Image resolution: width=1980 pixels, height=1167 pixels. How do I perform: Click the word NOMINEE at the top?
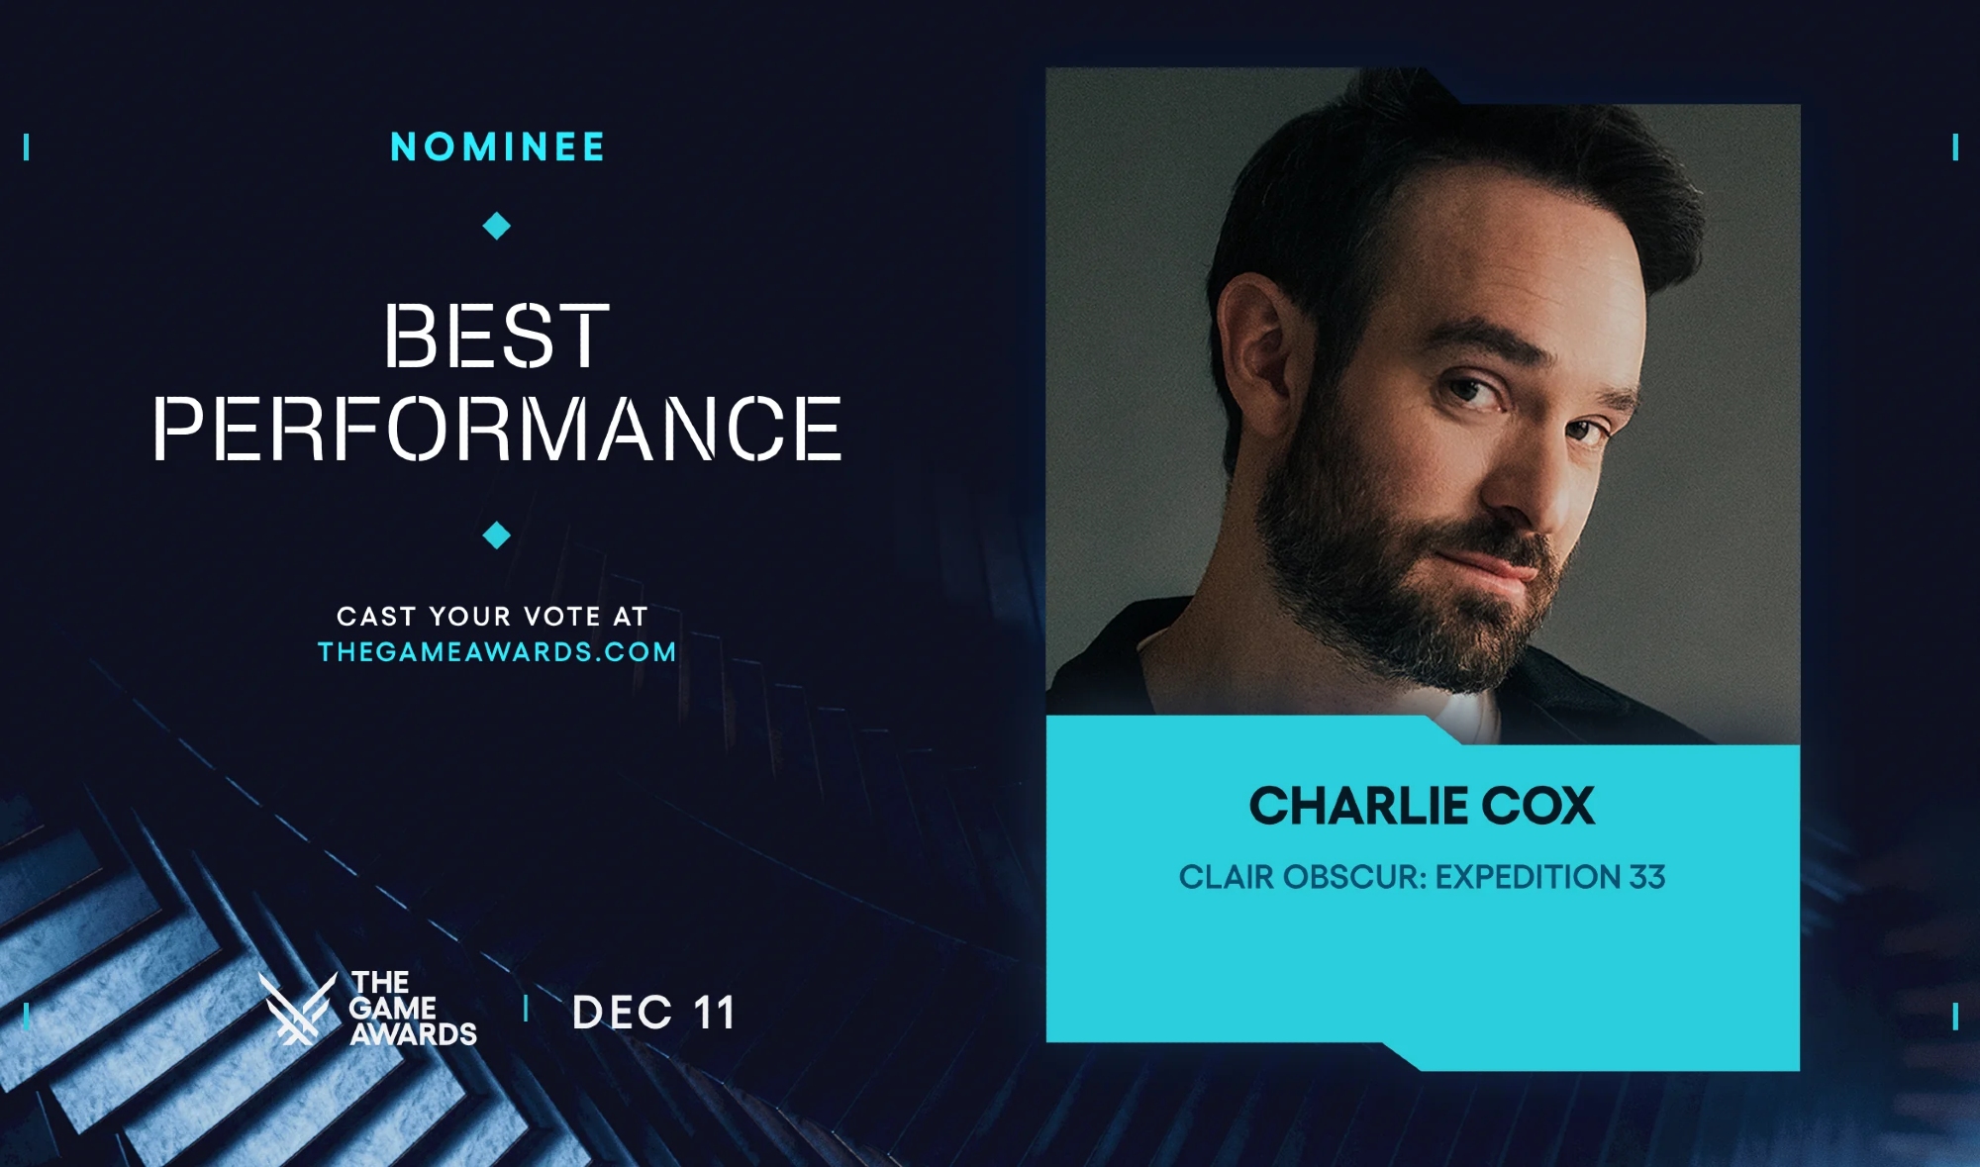pyautogui.click(x=497, y=147)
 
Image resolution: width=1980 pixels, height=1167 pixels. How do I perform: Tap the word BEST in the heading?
pyautogui.click(x=497, y=337)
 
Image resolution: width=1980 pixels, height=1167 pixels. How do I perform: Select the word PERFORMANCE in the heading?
pyautogui.click(x=497, y=428)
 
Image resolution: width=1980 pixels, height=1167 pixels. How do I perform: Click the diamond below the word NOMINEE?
pyautogui.click(x=496, y=227)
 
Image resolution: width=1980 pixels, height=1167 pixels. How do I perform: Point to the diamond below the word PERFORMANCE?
pyautogui.click(x=496, y=535)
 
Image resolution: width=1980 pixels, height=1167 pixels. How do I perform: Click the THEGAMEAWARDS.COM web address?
pyautogui.click(x=497, y=652)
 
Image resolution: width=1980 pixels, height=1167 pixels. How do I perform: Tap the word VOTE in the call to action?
pyautogui.click(x=561, y=617)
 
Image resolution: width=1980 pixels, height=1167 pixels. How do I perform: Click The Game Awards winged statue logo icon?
pyautogui.click(x=297, y=1008)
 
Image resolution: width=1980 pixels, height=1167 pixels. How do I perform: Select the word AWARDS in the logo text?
pyautogui.click(x=414, y=1034)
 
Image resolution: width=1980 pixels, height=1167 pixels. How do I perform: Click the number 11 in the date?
pyautogui.click(x=714, y=1013)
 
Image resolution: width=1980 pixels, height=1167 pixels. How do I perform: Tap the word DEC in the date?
pyautogui.click(x=622, y=1013)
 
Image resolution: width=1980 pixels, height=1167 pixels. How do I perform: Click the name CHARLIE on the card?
pyautogui.click(x=1343, y=806)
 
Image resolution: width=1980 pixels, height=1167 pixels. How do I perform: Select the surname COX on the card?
pyautogui.click(x=1525, y=806)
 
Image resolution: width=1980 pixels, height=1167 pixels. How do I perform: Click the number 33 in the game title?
pyautogui.click(x=1647, y=877)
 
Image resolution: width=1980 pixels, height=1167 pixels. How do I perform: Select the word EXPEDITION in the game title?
pyautogui.click(x=1528, y=877)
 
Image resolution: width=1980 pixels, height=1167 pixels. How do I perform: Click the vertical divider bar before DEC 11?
pyautogui.click(x=526, y=1009)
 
